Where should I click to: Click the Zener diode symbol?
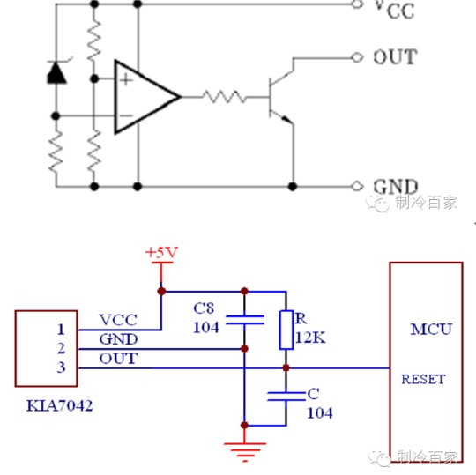56,71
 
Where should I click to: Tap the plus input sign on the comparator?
126,80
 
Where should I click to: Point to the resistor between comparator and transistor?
225,97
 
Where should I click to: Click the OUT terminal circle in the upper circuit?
357,57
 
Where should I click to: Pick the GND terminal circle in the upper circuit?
357,186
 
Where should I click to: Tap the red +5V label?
161,253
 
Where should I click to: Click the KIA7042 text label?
60,405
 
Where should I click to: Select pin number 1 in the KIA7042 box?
61,330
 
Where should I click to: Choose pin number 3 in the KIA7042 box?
61,367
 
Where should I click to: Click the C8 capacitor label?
204,308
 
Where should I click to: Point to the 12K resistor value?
310,338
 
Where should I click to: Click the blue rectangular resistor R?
286,330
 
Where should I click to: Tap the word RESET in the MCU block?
423,379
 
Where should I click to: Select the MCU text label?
431,330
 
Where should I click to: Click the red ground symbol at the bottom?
245,452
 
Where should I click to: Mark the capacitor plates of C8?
245,320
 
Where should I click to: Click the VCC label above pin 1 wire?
118,320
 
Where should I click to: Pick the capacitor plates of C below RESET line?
286,397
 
